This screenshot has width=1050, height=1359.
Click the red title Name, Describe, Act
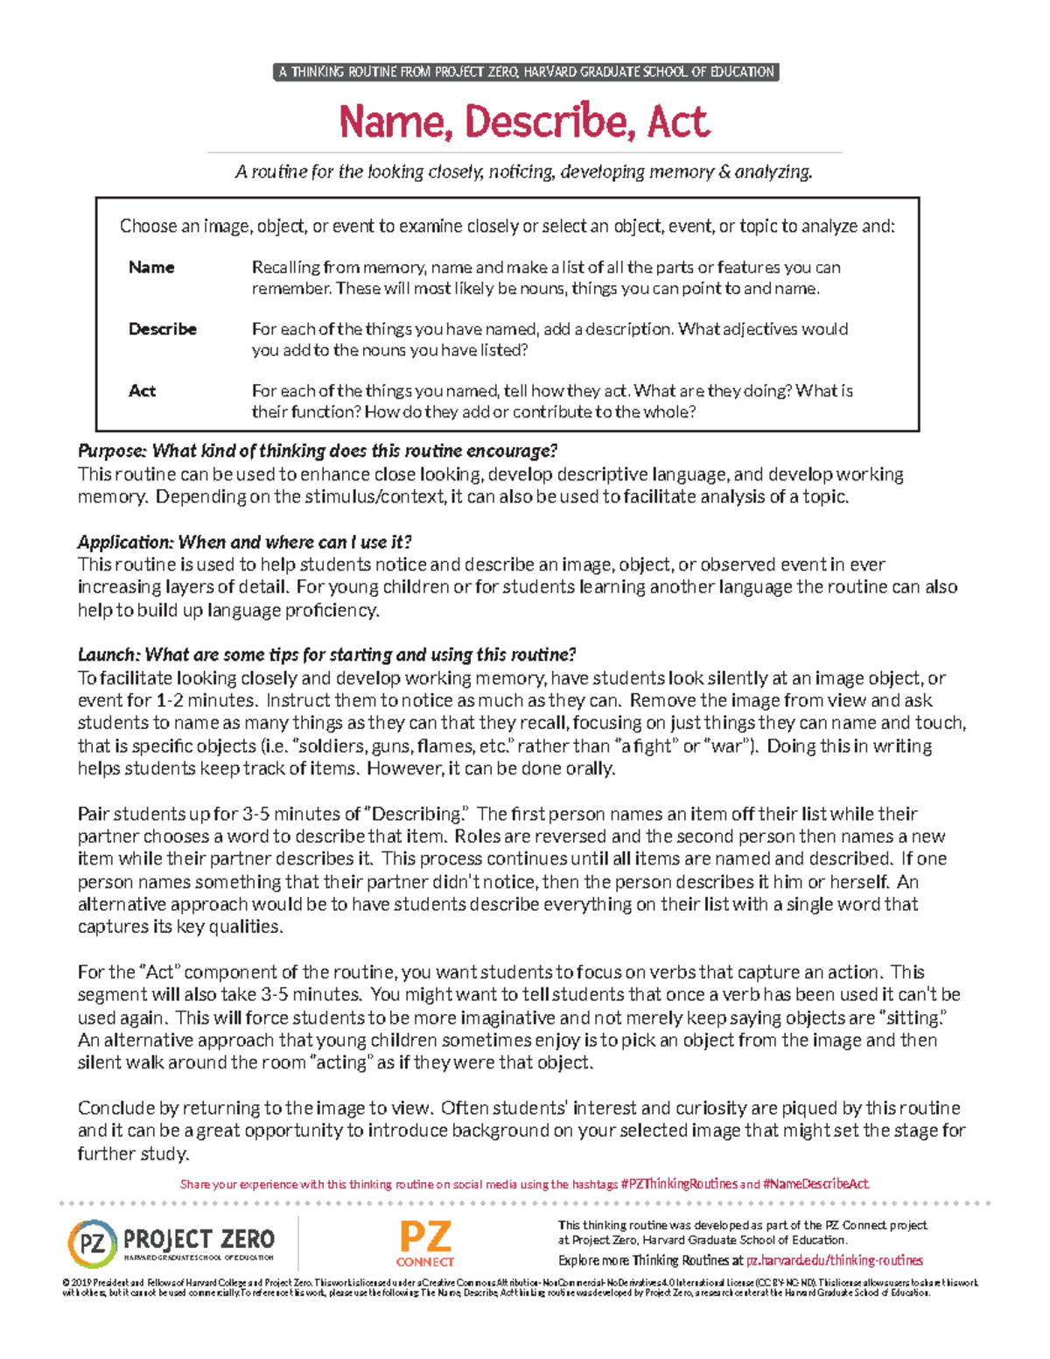coord(524,121)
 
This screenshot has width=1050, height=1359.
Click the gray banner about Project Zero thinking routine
coord(526,72)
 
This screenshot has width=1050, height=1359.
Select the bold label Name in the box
coord(151,267)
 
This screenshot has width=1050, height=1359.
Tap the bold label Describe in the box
coord(163,329)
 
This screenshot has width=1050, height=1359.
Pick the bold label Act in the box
coord(142,390)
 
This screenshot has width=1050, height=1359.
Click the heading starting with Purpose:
coord(317,451)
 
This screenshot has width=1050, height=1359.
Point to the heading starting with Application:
coord(244,542)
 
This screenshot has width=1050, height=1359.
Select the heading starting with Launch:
coord(326,655)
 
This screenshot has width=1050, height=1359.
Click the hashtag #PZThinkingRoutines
coord(679,1184)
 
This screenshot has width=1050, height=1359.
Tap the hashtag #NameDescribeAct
coord(815,1184)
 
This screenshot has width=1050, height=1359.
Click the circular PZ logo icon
coord(92,1243)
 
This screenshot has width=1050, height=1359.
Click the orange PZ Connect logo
coord(425,1243)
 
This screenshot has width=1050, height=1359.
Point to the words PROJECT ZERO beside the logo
coord(199,1239)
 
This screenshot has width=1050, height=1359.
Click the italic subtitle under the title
coord(524,172)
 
